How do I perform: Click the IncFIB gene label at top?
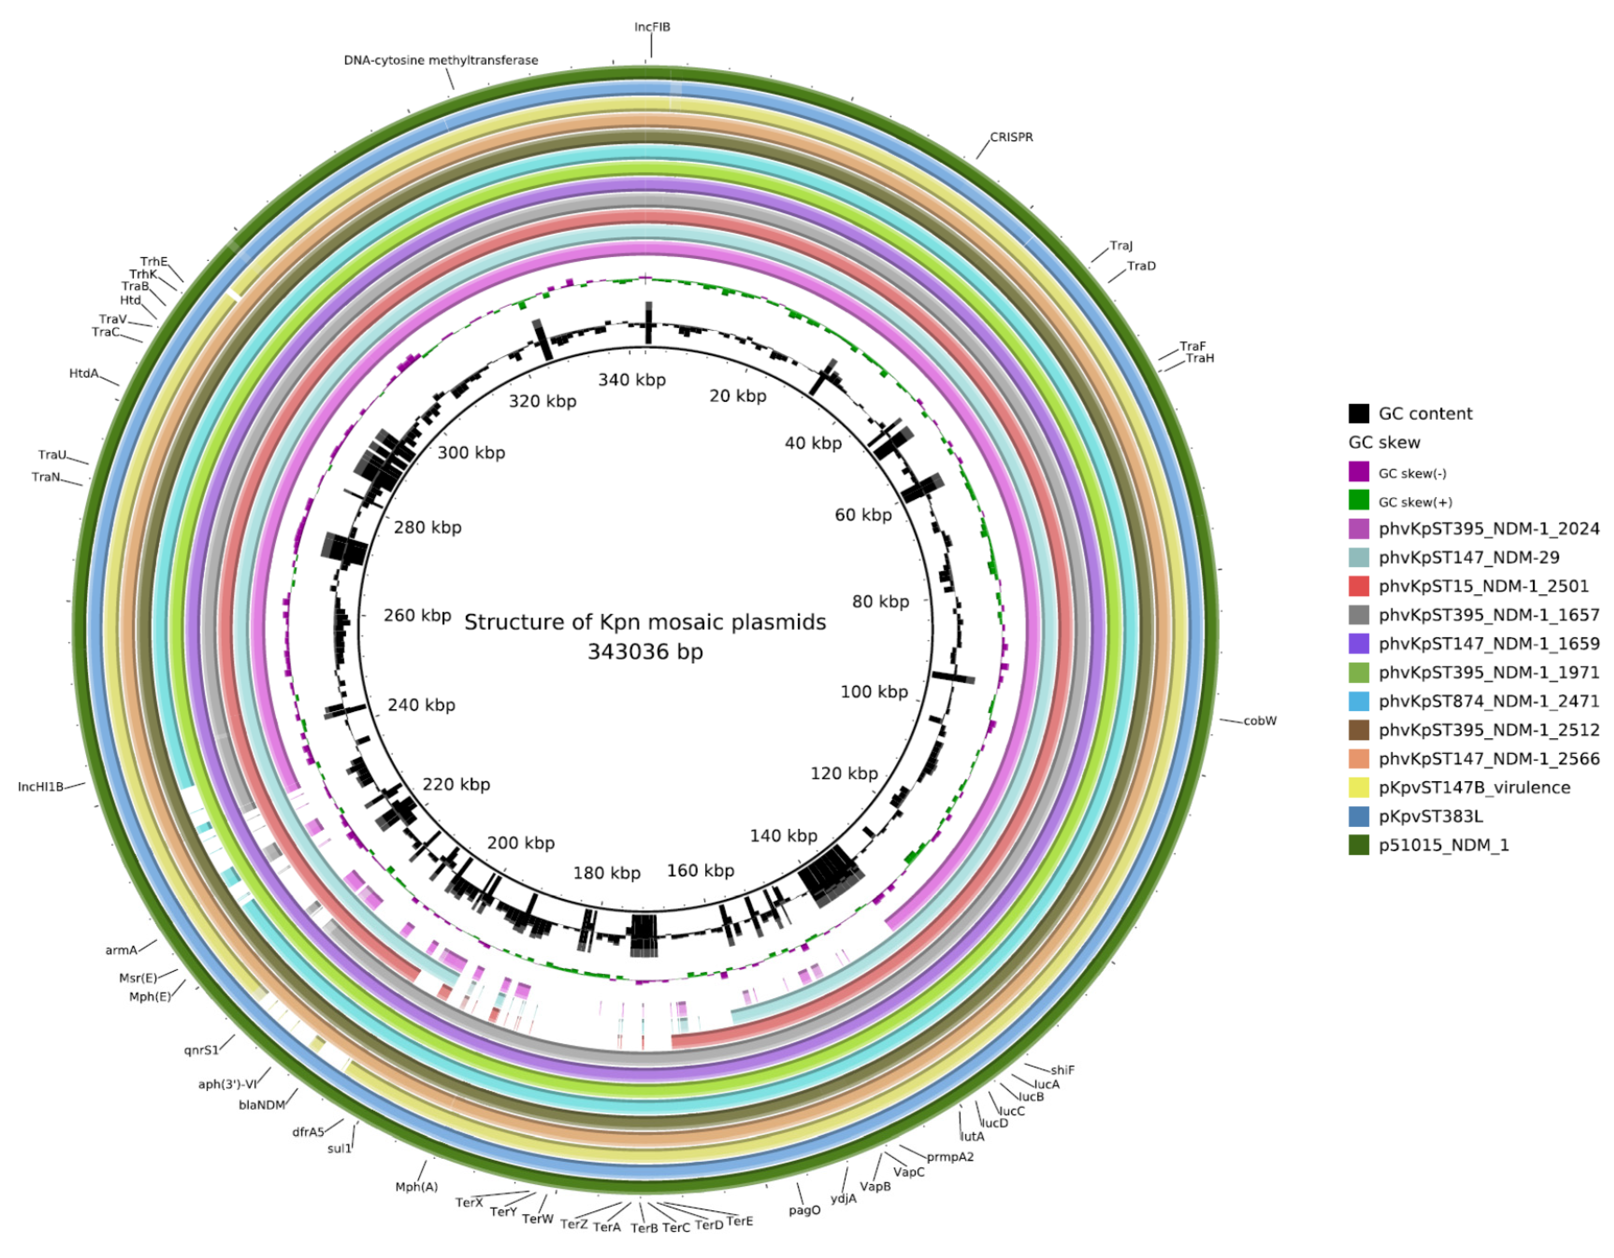coord(652,27)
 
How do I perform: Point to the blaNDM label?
coord(262,1105)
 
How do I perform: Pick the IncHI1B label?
coord(41,787)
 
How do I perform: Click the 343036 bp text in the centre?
coord(645,652)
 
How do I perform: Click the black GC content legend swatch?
coord(1358,414)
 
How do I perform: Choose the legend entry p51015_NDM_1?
coord(1443,845)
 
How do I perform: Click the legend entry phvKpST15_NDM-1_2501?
coord(1483,587)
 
